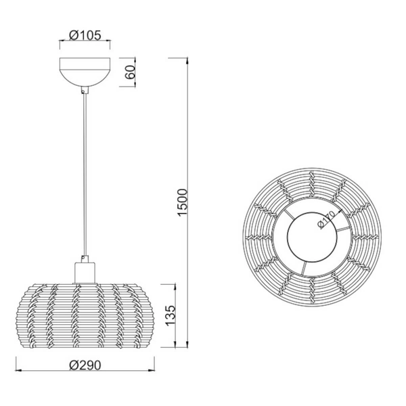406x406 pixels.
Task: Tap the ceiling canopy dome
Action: click(x=85, y=73)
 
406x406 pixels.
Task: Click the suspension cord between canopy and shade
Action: click(x=85, y=169)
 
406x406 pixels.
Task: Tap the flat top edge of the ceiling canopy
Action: click(x=85, y=61)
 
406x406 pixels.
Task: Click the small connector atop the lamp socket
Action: click(x=84, y=257)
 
